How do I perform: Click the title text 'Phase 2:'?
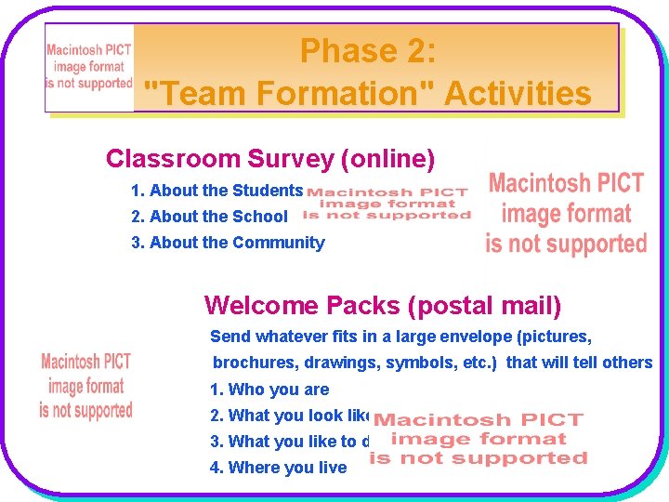click(367, 51)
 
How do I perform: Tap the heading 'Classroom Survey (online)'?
click(270, 159)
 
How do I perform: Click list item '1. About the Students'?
click(216, 191)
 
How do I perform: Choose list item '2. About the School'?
click(209, 217)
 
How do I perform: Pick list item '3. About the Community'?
click(228, 243)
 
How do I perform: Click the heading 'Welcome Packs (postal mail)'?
click(382, 306)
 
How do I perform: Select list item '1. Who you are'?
click(269, 390)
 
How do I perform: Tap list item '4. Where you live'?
click(278, 468)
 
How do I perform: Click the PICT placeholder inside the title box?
click(89, 67)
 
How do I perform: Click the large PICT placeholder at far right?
click(566, 214)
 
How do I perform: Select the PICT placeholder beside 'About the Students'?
click(387, 204)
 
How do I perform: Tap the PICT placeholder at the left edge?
click(85, 386)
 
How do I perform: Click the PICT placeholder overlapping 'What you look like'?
click(479, 439)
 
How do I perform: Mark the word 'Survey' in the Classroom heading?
click(291, 159)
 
